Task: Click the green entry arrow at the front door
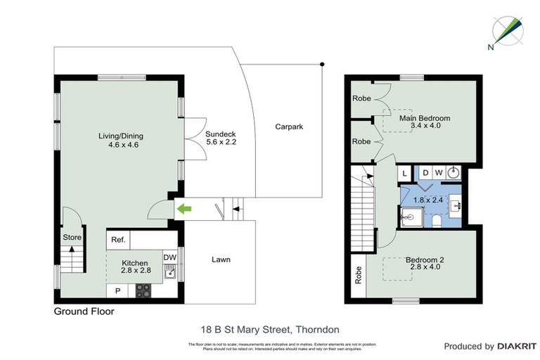(184, 208)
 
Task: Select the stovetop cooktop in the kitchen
(143, 289)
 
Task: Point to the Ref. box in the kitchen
(119, 240)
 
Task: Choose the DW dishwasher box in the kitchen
(169, 257)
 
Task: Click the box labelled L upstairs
(406, 173)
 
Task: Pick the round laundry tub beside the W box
(454, 172)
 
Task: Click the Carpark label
(289, 127)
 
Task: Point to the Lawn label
(221, 259)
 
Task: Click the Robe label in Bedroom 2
(358, 274)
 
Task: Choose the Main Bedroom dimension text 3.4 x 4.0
(425, 127)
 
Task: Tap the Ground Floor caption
(84, 311)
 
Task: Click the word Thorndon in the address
(319, 328)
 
